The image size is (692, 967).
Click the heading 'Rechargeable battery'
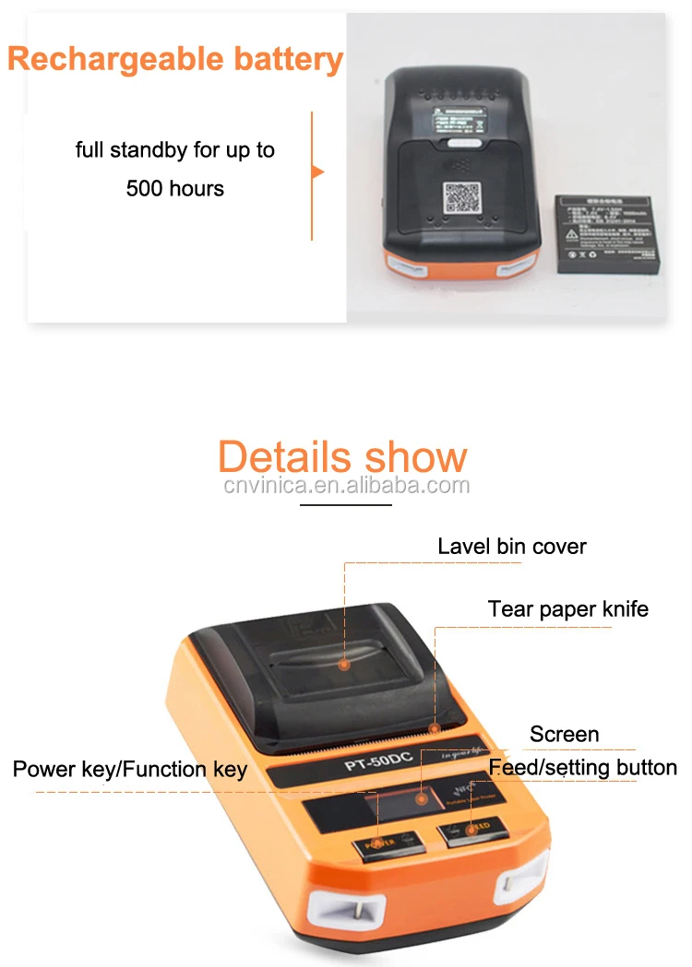click(x=175, y=59)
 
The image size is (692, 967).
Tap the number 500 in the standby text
click(x=147, y=189)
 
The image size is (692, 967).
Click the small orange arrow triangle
click(x=318, y=171)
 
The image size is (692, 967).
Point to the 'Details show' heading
click(x=342, y=457)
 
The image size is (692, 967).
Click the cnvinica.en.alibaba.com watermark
click(x=347, y=486)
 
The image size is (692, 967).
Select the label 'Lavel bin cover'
click(x=512, y=546)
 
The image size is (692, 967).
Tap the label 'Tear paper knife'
click(x=567, y=609)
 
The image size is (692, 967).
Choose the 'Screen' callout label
click(x=564, y=734)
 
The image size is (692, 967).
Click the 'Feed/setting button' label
click(x=583, y=768)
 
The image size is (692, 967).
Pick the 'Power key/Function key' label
click(x=130, y=769)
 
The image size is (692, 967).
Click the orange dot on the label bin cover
click(x=343, y=664)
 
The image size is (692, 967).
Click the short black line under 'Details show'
click(x=347, y=505)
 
